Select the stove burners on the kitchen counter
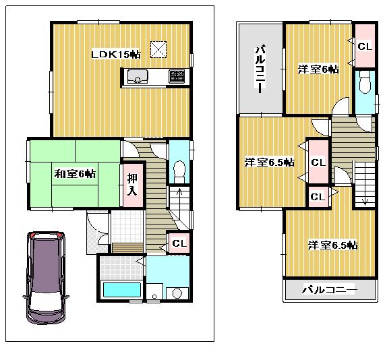coord(177,76)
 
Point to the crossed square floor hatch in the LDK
coord(158,49)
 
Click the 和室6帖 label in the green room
coord(74,174)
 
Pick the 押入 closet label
coord(131,184)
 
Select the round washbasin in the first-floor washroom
coord(177,293)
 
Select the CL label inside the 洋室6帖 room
coord(365,47)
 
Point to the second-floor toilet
coord(364,84)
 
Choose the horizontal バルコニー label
coord(328,290)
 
